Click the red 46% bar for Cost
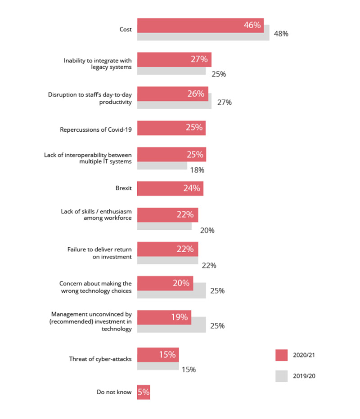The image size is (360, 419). click(x=200, y=26)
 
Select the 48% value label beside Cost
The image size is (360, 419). click(x=281, y=34)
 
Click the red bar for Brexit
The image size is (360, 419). click(x=170, y=188)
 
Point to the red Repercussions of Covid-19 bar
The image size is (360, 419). click(x=171, y=128)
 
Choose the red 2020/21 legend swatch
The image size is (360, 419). click(x=281, y=355)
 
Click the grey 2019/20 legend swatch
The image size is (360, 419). click(x=281, y=376)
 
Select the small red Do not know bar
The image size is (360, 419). click(x=144, y=392)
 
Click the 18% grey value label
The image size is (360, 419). click(x=197, y=170)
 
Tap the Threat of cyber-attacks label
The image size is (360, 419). click(x=100, y=359)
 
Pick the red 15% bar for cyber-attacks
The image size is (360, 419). click(x=158, y=355)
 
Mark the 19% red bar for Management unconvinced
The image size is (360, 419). click(x=164, y=317)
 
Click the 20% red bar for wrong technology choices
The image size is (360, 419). click(x=165, y=283)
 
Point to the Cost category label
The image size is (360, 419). click(x=125, y=29)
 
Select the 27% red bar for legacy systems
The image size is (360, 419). click(x=174, y=59)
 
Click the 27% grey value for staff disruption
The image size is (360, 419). click(x=224, y=102)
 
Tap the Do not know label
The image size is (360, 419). click(x=114, y=392)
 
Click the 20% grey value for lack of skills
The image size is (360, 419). click(x=207, y=230)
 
